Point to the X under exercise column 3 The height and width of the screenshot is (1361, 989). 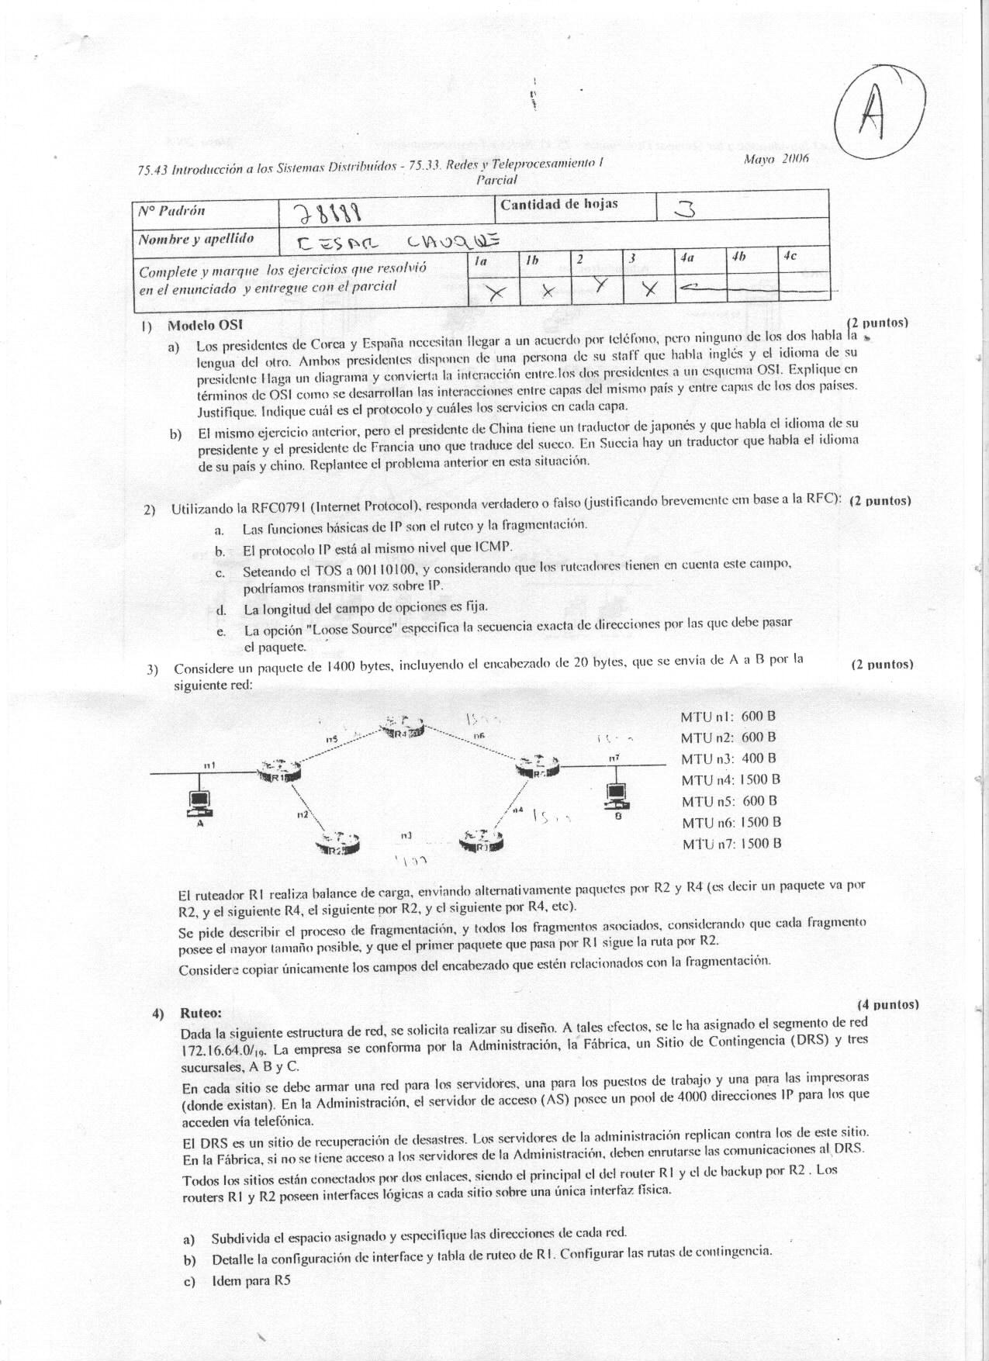tap(651, 290)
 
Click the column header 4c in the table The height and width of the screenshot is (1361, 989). tap(790, 255)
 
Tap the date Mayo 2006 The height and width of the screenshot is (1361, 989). tap(776, 158)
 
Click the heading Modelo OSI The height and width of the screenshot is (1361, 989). tap(205, 325)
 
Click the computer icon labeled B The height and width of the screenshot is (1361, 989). tap(616, 793)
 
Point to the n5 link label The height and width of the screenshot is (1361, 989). tap(331, 738)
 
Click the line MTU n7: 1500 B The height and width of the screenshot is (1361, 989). tap(731, 844)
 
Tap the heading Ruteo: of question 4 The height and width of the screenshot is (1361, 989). tap(201, 1013)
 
